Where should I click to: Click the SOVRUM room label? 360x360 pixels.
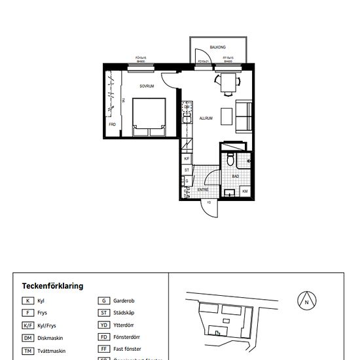146,86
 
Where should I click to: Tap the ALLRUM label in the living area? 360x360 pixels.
207,118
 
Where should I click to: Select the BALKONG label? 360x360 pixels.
218,46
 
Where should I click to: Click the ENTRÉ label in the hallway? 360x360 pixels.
203,189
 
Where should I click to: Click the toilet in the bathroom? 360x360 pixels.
230,160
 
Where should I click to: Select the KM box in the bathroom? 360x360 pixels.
245,191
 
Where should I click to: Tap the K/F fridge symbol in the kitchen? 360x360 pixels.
187,158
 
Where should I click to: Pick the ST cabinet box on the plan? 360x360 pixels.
187,170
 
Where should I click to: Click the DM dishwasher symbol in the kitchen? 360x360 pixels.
187,107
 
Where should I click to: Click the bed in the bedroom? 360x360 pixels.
149,117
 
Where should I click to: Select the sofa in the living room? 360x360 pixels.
243,117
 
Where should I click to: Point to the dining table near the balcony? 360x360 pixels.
228,83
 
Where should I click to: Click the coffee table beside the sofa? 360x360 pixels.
226,116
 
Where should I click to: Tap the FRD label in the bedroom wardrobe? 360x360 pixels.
113,124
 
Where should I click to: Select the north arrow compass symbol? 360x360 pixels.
305,302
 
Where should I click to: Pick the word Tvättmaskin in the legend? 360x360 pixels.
53,351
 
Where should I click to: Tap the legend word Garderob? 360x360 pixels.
125,301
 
